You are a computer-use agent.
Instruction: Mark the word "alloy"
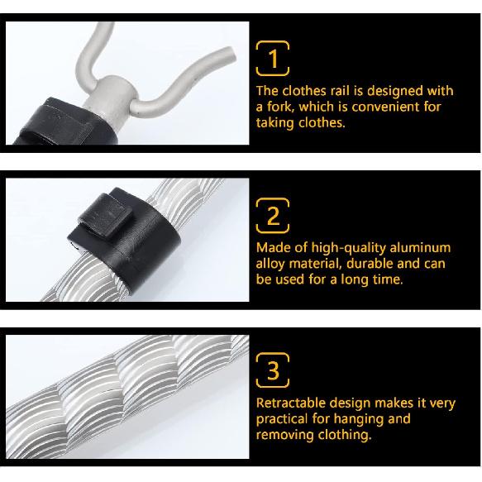coord(271,263)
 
